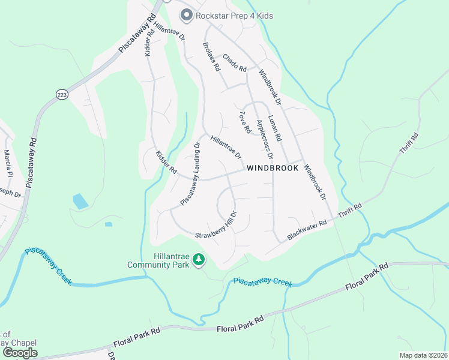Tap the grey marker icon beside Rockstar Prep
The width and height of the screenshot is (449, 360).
click(186, 16)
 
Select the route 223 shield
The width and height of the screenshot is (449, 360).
click(62, 94)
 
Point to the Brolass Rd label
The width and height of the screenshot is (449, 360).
click(211, 58)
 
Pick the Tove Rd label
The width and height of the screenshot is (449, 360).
click(244, 122)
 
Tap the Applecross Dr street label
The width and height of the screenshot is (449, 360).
click(265, 140)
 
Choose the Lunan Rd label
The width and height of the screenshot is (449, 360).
click(275, 128)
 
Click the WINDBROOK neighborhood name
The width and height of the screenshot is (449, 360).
click(273, 169)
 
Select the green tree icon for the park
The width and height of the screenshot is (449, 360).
click(199, 260)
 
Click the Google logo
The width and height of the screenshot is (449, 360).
click(19, 353)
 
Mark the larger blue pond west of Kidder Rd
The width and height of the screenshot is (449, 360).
click(80, 202)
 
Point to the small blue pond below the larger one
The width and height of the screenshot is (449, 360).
click(108, 225)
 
